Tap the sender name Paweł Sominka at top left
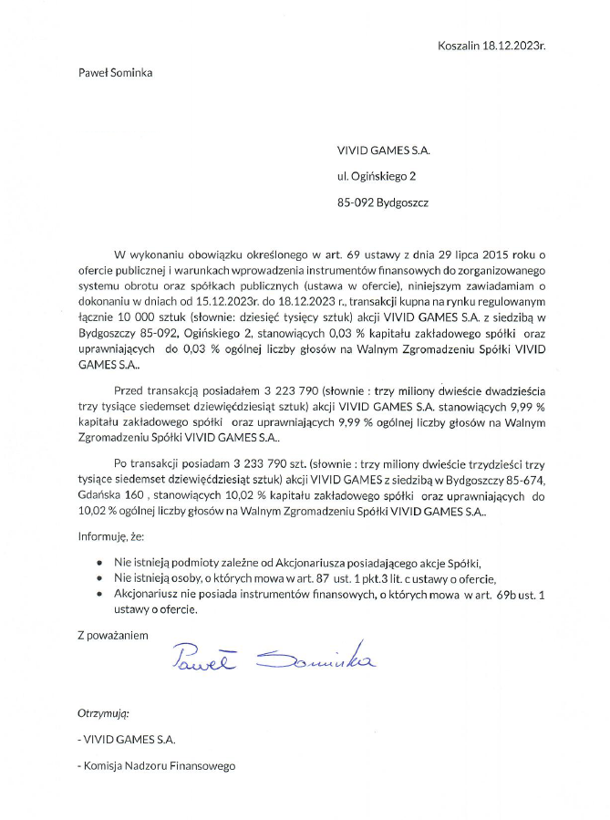tap(115, 73)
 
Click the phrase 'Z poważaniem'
tap(112, 634)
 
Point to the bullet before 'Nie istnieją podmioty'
tap(98, 563)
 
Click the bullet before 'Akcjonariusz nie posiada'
tap(98, 595)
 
